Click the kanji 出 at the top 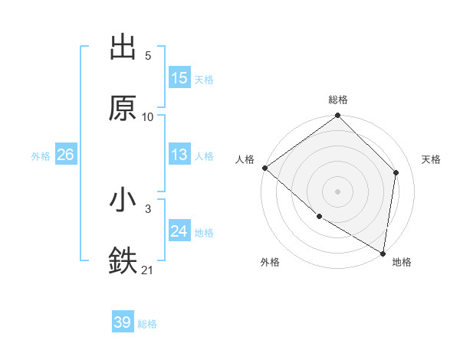coord(123,47)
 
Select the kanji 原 coord(123,108)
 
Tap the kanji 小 coord(123,201)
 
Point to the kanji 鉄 coord(123,260)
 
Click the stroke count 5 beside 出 coord(148,56)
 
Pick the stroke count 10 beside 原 coord(148,116)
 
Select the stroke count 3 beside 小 coord(148,209)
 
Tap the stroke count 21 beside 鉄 coord(148,270)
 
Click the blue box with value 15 coord(179,78)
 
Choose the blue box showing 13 coord(179,155)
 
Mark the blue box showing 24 coord(179,231)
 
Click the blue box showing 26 coord(65,155)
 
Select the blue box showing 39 coord(123,322)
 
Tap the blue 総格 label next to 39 coord(147,324)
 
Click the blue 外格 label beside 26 coord(41,156)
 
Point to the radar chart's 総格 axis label coord(338,100)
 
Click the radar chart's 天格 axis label coord(432,159)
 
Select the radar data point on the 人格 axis coord(264,168)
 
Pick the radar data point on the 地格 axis coord(383,253)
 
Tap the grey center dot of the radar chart coord(338,191)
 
